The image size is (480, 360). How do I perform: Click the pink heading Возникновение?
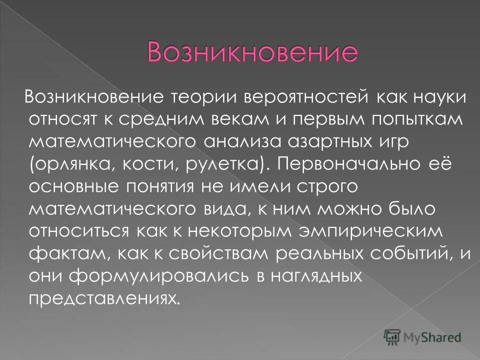tap(252, 52)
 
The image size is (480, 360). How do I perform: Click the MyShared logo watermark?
tap(422, 337)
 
